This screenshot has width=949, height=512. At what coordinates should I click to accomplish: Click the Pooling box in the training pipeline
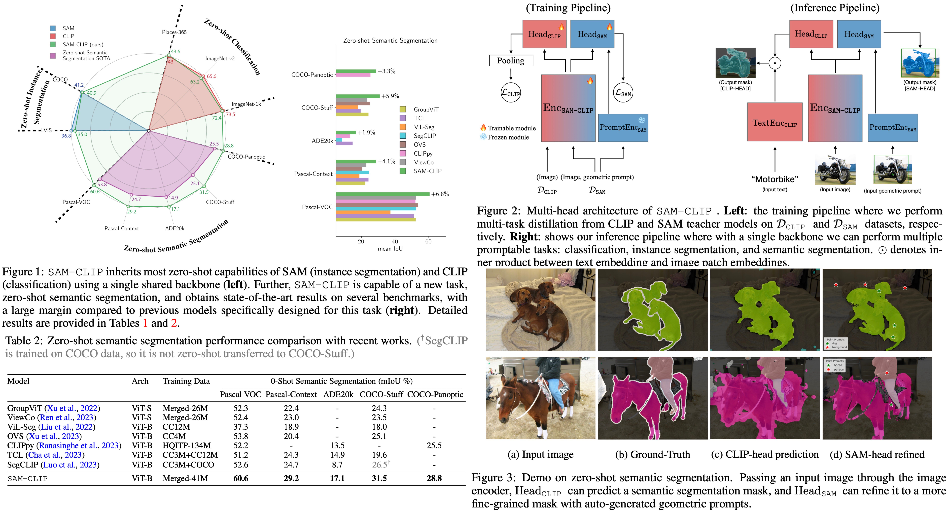coord(511,60)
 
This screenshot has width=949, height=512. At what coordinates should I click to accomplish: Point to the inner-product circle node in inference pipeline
coord(775,63)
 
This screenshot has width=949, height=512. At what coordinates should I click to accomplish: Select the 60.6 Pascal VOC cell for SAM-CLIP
coord(241,478)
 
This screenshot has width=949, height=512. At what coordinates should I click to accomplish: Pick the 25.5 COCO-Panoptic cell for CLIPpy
coord(434,445)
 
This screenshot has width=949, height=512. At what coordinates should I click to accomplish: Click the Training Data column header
coord(186,381)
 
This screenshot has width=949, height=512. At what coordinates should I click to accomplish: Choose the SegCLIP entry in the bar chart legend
coord(424,136)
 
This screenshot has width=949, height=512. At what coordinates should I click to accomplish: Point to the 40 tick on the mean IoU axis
coord(395,241)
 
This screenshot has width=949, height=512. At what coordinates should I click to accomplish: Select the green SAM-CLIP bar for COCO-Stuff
coord(357,96)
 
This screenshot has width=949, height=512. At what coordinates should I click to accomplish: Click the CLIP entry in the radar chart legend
coord(68,36)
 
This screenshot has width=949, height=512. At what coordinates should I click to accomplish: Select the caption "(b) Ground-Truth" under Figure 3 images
coord(652,454)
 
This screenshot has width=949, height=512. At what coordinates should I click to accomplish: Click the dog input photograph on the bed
coord(540,309)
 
